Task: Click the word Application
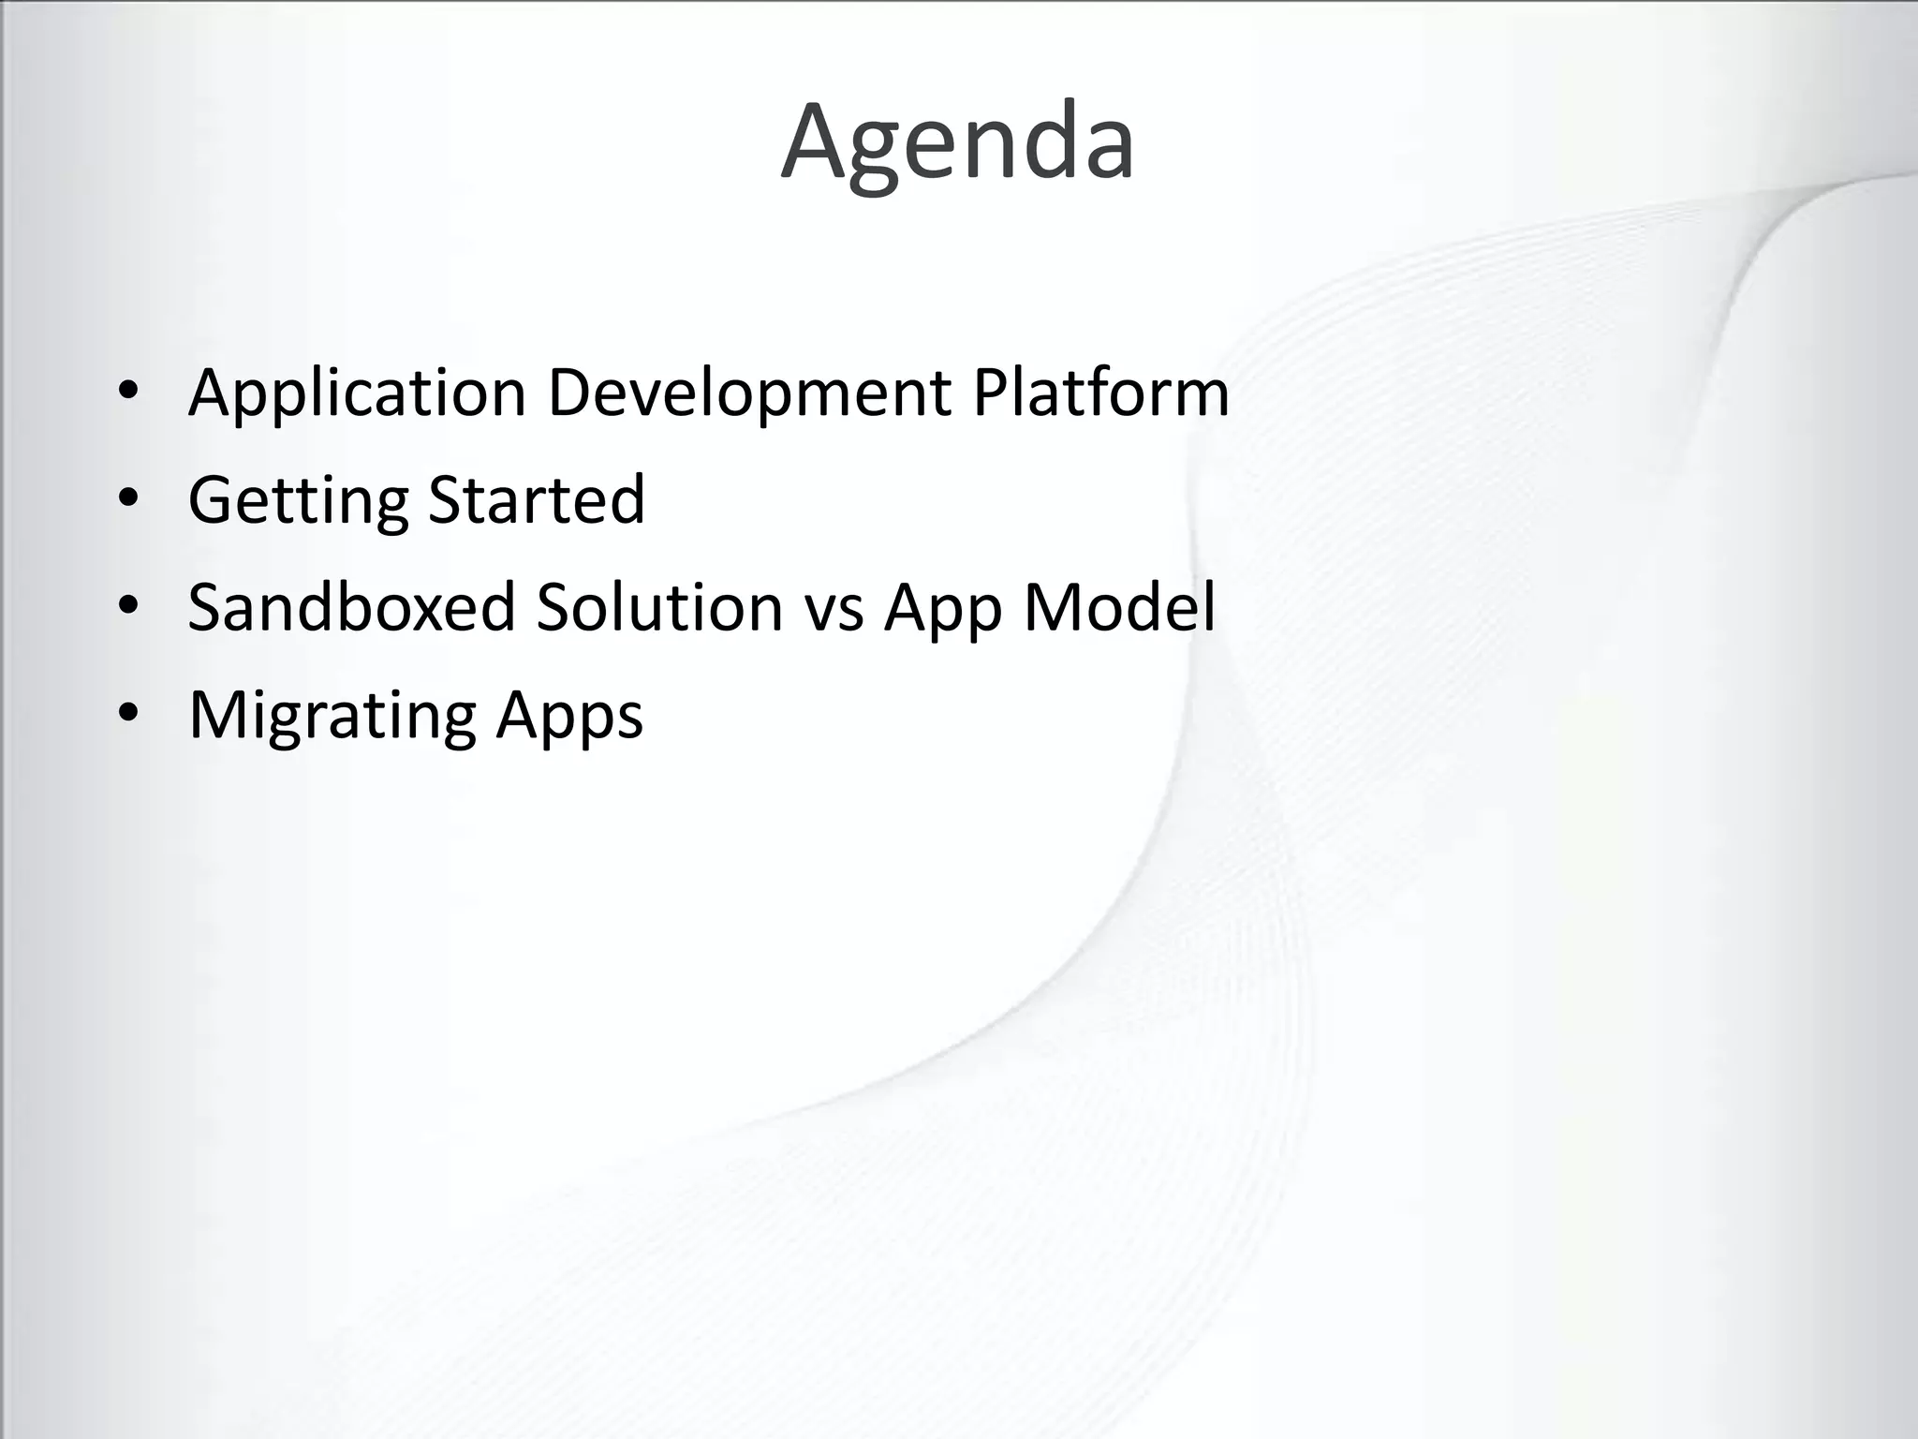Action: click(x=357, y=393)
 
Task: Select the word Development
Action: click(x=748, y=393)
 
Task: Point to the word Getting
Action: click(x=298, y=501)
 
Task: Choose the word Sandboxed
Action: click(x=351, y=607)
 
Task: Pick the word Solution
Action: click(x=659, y=607)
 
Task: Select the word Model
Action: click(x=1119, y=607)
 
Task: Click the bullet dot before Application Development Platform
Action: click(x=128, y=393)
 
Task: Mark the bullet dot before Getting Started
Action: click(x=128, y=499)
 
